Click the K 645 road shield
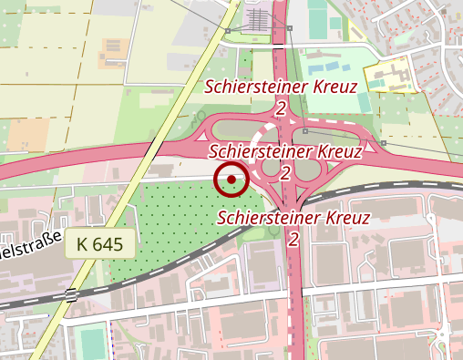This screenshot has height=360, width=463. click(100, 243)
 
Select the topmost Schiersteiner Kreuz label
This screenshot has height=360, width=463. click(281, 87)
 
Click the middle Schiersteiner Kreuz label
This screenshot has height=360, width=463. click(286, 150)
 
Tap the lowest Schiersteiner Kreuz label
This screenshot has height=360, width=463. click(293, 218)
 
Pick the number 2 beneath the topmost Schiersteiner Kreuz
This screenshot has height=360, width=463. click(281, 108)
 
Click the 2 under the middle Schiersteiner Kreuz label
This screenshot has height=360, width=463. click(286, 171)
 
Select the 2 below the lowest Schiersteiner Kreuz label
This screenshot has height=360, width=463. click(293, 239)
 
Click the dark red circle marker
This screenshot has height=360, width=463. click(231, 180)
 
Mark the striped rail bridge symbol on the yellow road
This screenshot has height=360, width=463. click(70, 294)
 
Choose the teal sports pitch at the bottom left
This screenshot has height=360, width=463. click(90, 343)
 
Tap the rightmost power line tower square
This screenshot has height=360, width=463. click(384, 143)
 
